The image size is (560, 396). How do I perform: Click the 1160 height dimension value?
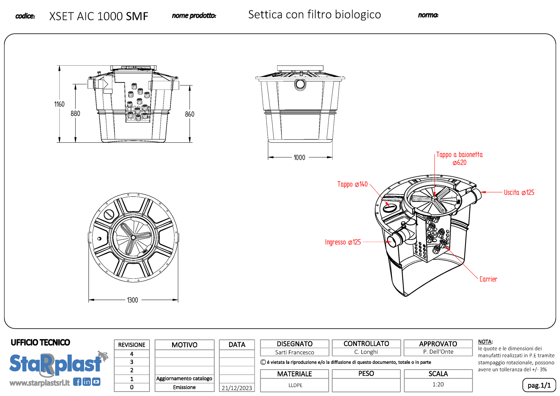(59, 104)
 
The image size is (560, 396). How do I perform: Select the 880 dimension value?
(75, 114)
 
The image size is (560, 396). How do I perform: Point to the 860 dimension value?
(190, 114)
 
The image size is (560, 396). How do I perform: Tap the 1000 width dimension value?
(299, 158)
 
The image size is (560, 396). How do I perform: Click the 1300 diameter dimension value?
(132, 300)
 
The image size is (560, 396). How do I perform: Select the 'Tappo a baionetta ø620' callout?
(459, 159)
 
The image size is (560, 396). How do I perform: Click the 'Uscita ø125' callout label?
(519, 193)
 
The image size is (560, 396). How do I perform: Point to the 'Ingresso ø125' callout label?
(343, 242)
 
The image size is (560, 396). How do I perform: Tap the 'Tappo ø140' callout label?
(352, 184)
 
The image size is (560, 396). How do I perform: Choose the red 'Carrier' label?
(488, 279)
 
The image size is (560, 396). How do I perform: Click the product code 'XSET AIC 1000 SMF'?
(98, 16)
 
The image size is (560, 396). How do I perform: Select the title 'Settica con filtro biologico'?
(314, 15)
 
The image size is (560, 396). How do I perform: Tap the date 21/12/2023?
(237, 388)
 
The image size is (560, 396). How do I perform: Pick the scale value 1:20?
(438, 384)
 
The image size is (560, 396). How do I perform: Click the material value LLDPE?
(295, 385)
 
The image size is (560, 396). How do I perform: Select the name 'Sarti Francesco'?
(294, 352)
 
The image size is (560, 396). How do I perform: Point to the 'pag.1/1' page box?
(539, 385)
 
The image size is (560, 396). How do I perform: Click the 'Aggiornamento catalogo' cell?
(184, 378)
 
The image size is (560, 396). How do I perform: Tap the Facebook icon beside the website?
(77, 382)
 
